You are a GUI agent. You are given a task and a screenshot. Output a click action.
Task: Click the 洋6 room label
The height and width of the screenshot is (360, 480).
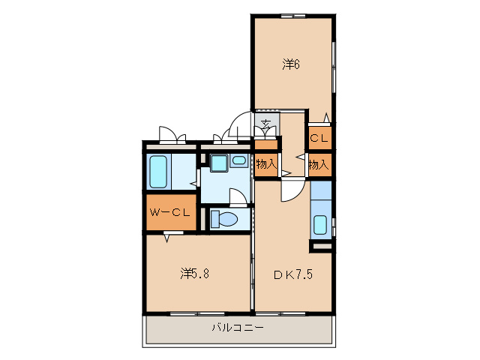point(291,64)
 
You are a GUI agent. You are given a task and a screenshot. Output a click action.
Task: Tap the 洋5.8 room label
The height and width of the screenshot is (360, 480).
point(194,273)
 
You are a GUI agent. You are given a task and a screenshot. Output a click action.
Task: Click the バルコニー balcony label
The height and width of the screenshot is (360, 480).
point(237,327)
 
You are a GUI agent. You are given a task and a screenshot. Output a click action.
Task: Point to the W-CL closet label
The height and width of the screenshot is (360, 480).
point(170,213)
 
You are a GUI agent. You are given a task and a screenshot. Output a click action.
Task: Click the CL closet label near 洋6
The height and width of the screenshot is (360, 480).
point(319,138)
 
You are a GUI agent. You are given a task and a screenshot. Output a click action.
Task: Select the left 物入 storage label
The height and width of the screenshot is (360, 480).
point(265,163)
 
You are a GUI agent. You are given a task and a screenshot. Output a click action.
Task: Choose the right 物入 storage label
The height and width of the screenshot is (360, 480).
point(319,163)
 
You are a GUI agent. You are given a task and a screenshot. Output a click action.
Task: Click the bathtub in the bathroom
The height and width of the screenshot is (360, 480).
point(158,172)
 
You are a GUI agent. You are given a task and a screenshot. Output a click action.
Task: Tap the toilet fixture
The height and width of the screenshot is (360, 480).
point(224,218)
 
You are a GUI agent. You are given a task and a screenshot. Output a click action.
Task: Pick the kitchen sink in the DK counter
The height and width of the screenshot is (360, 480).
point(320,224)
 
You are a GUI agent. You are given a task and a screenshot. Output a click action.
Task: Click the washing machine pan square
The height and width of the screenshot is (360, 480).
point(219,163)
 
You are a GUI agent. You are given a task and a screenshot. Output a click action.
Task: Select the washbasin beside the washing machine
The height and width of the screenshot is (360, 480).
point(239,160)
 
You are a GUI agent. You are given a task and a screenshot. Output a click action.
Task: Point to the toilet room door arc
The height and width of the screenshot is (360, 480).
point(237,197)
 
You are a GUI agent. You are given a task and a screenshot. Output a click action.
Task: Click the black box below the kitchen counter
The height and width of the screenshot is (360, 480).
point(321,246)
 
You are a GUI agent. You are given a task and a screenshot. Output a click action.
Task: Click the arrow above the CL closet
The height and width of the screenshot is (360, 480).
point(326,117)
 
